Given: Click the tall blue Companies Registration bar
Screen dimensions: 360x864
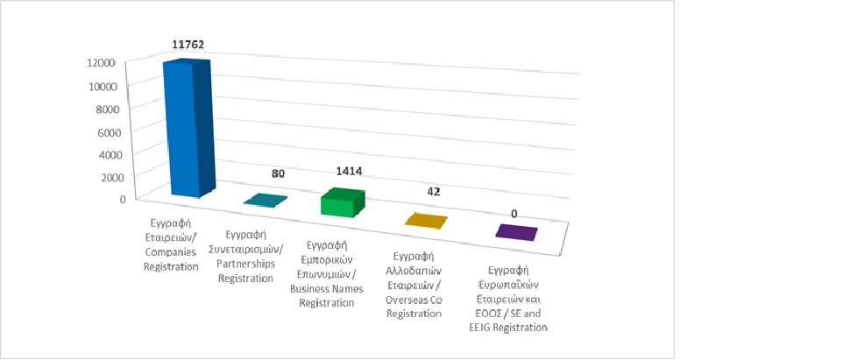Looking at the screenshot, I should [188, 130].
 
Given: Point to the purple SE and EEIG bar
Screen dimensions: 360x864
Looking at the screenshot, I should [515, 232].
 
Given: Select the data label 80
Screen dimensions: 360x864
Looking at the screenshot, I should [278, 174].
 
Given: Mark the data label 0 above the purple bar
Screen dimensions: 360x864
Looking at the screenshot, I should [513, 214].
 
